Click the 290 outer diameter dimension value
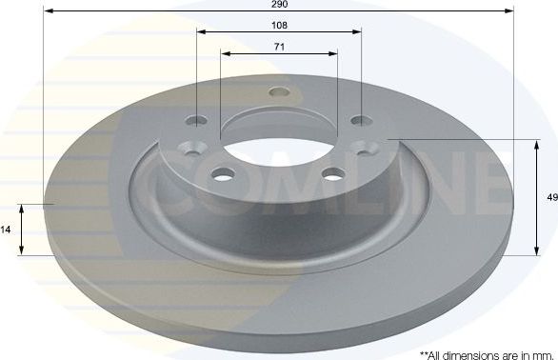coord(279,5)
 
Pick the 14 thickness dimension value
coord(7,230)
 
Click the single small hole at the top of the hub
coord(278,93)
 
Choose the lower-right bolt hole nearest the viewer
coord(332,174)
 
